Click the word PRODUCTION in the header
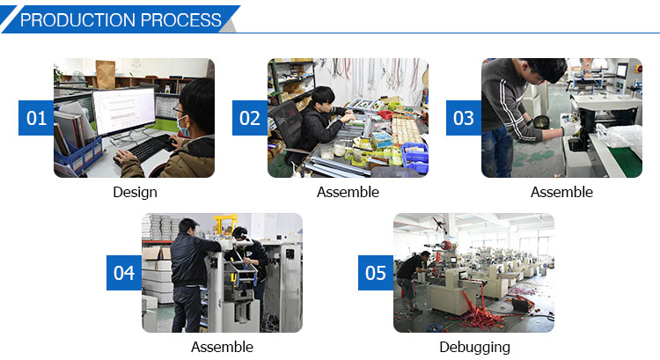(x=77, y=19)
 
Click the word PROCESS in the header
(x=181, y=19)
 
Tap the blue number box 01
(x=36, y=118)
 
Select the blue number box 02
(x=250, y=118)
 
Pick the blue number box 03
(x=464, y=118)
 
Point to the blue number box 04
(x=124, y=273)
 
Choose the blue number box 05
(x=376, y=273)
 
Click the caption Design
(x=136, y=193)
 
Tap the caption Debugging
(x=475, y=348)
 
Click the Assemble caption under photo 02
(x=348, y=192)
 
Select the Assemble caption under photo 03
(x=562, y=192)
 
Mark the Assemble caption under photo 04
(x=223, y=347)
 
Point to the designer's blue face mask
(x=183, y=127)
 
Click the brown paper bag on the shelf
(x=106, y=74)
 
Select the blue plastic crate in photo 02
(x=415, y=158)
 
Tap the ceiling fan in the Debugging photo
(x=439, y=223)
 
